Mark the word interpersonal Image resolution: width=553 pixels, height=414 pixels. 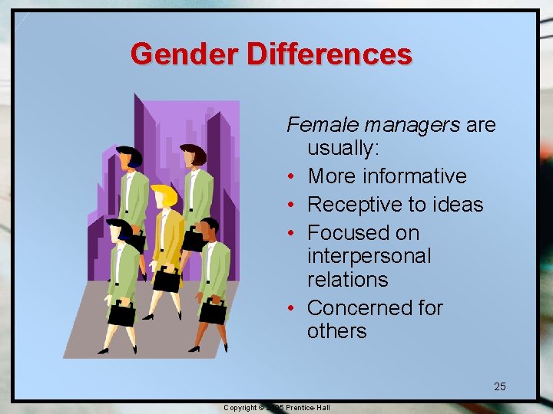pos(369,255)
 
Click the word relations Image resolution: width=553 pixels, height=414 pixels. pos(347,279)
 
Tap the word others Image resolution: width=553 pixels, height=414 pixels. pos(336,331)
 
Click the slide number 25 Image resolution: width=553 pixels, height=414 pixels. pos(499,386)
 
